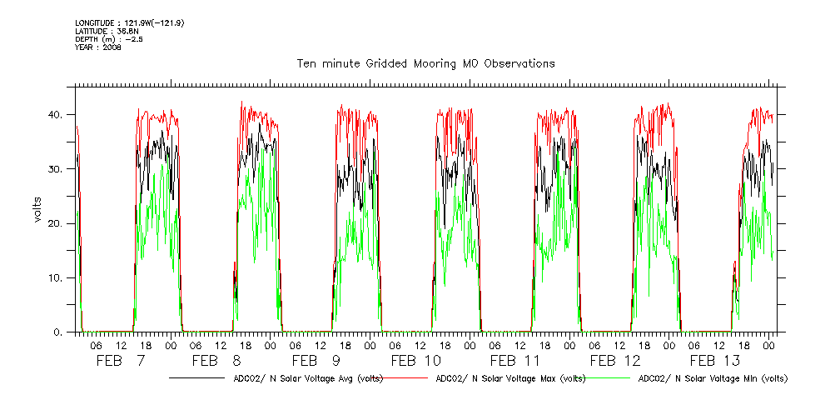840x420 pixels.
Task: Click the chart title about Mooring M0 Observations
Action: pos(425,63)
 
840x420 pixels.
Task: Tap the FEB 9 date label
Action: pos(316,361)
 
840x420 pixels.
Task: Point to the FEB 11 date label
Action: pos(514,361)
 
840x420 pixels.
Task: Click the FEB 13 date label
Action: pos(714,361)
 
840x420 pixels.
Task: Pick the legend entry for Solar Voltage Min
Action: pos(713,378)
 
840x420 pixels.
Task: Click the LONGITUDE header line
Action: pos(129,22)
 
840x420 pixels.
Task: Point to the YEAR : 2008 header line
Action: pos(98,47)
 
